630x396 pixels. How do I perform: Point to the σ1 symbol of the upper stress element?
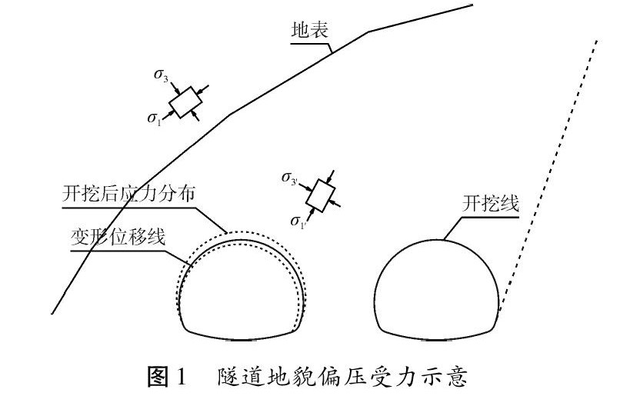coord(156,118)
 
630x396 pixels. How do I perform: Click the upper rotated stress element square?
coord(185,101)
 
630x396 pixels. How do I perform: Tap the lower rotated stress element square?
coord(318,196)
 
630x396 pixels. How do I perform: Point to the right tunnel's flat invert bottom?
coord(437,338)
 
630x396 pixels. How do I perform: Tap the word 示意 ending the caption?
coord(453,378)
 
